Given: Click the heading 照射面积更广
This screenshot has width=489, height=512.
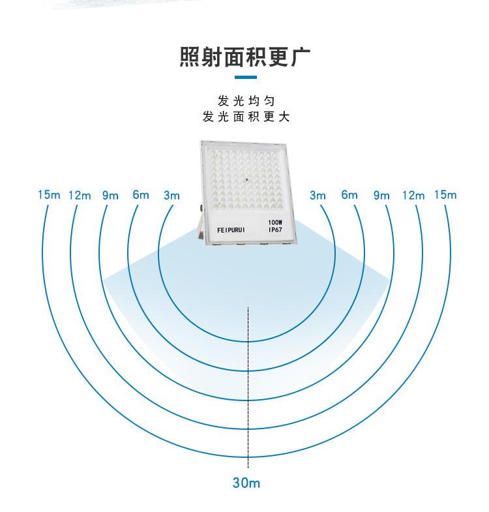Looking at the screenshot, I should [244, 57].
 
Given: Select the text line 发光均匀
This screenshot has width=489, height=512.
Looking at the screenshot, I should [245, 101].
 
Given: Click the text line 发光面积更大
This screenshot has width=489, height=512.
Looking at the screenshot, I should [245, 117].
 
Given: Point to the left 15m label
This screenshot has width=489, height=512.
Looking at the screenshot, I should [49, 195].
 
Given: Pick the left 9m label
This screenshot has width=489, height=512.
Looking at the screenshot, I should [110, 195].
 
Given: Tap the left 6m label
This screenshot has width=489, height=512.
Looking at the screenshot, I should [141, 195].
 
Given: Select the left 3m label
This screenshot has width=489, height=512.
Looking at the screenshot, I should [171, 195].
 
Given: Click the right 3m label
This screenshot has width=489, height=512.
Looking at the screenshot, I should [318, 195].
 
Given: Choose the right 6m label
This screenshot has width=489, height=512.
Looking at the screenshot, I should [349, 195].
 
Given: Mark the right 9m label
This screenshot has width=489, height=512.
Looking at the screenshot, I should [381, 195].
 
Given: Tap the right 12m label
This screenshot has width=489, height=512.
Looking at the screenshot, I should [413, 195].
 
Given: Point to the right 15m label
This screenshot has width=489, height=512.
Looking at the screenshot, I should [445, 195].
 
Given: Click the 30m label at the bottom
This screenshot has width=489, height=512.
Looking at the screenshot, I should [246, 483].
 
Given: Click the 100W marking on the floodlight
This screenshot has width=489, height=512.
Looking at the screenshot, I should [274, 222].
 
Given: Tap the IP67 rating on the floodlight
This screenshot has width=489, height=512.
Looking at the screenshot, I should [274, 230].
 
